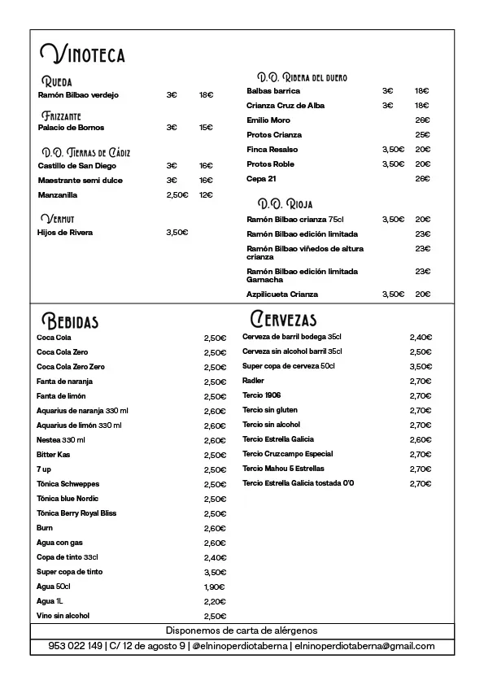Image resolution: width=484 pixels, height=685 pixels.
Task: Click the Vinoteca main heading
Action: pos(82,55)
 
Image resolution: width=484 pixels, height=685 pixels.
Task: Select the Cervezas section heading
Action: pos(284,319)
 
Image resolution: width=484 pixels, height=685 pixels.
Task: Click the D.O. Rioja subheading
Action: pos(285,203)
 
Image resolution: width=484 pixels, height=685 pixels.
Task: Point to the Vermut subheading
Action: pos(57,219)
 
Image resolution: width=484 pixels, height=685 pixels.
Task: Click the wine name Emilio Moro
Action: pos(268,120)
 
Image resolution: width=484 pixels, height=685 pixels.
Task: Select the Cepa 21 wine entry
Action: pos(261,179)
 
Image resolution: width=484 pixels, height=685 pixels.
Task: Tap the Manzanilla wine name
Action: pos(58,195)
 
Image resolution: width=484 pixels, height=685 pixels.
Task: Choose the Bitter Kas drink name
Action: pos(54,455)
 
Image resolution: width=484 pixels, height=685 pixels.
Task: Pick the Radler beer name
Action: pos(253,381)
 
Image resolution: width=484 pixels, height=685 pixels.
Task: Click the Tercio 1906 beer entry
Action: pos(261,395)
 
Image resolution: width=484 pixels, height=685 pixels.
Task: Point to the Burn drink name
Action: pos(45,528)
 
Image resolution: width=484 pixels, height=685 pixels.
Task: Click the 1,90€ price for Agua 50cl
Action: pos(214,587)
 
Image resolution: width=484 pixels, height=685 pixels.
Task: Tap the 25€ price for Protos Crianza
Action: pos(422,135)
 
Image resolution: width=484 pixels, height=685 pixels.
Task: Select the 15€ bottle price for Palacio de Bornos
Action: pos(206,128)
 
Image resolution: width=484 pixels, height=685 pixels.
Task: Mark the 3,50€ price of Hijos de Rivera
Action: pos(177,233)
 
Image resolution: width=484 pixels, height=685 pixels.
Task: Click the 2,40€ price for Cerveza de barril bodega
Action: pos(421,337)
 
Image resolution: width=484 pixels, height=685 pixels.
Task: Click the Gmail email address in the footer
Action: pos(364,647)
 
